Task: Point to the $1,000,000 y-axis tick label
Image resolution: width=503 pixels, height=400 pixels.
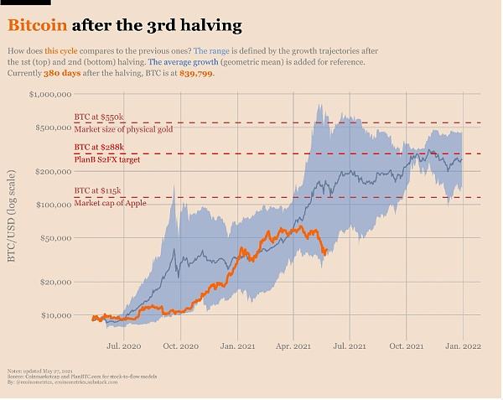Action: click(x=49, y=95)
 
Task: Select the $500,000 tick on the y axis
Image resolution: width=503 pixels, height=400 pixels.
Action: click(x=52, y=127)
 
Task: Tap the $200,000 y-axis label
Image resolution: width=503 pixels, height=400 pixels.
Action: click(x=52, y=171)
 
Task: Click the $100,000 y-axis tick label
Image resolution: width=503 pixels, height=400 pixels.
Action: click(x=52, y=205)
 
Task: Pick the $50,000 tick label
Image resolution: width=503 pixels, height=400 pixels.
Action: click(x=54, y=238)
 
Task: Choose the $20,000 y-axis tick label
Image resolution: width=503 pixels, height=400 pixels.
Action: click(x=54, y=282)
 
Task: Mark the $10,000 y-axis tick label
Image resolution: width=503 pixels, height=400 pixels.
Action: click(x=54, y=315)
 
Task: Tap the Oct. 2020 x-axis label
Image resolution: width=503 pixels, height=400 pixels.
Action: click(x=181, y=345)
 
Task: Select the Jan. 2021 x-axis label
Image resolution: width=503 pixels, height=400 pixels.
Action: click(x=238, y=345)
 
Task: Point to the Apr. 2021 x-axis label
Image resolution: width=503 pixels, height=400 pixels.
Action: click(x=294, y=345)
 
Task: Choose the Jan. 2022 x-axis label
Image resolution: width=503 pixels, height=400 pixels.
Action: click(x=463, y=345)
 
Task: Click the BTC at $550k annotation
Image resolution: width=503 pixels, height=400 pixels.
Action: click(x=99, y=117)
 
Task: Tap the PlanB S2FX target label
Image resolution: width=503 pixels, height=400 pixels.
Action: click(x=106, y=159)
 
